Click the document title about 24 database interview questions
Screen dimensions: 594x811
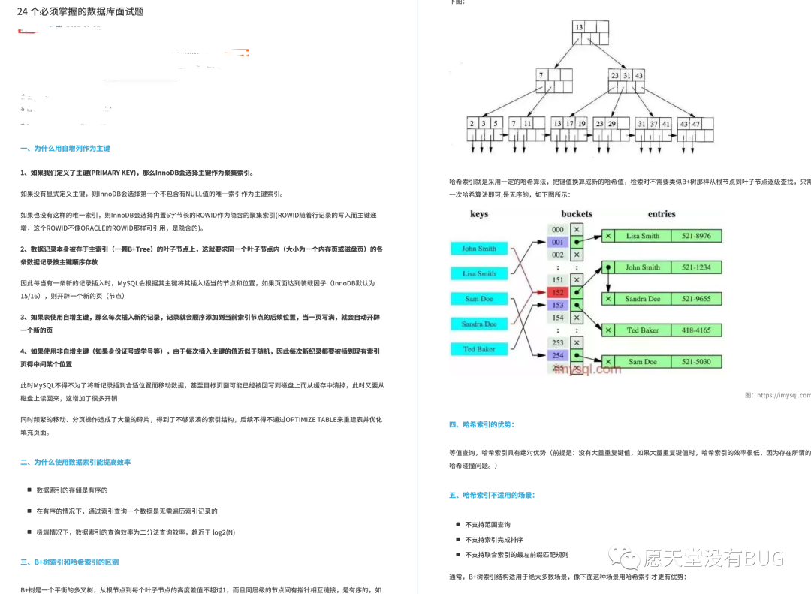pos(80,11)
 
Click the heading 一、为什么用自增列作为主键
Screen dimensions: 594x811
pos(65,149)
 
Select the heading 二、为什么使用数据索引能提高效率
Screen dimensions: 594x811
pos(76,462)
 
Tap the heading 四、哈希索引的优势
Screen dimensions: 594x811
pos(481,424)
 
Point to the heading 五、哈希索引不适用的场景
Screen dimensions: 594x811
pos(492,495)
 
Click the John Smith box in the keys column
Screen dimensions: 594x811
pos(479,249)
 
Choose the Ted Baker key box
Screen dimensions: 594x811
pos(479,349)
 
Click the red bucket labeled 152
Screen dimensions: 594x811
pos(557,292)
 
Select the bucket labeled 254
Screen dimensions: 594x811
pos(557,355)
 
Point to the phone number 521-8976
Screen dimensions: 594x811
pos(698,236)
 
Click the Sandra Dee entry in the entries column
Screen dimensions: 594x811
pos(643,299)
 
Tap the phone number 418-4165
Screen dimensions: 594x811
pos(698,330)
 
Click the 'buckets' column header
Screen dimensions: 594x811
pos(576,214)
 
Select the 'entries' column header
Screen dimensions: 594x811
pos(662,214)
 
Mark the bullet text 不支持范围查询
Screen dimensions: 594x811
pos(488,524)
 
